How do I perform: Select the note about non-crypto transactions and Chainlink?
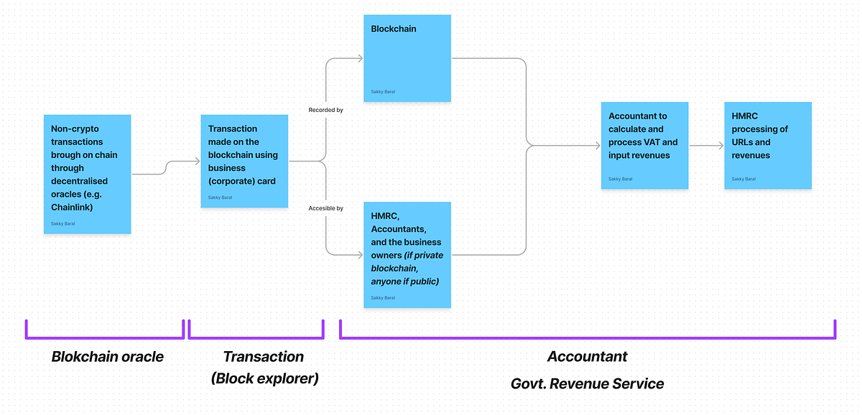87,174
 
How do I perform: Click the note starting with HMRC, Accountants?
407,254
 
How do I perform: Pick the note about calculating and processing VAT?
644,146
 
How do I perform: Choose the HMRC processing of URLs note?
768,146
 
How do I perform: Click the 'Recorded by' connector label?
325,110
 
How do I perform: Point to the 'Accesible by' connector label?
325,208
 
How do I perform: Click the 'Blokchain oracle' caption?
107,357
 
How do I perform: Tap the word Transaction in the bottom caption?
263,357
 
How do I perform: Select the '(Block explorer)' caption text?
264,378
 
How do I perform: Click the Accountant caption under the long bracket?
587,357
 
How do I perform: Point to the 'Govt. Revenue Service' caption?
587,384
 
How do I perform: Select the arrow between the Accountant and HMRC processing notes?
706,146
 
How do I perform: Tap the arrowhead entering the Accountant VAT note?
597,146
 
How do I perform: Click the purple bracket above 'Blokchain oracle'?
105,335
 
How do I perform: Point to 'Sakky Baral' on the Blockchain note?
383,92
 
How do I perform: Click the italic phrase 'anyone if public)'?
404,281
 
